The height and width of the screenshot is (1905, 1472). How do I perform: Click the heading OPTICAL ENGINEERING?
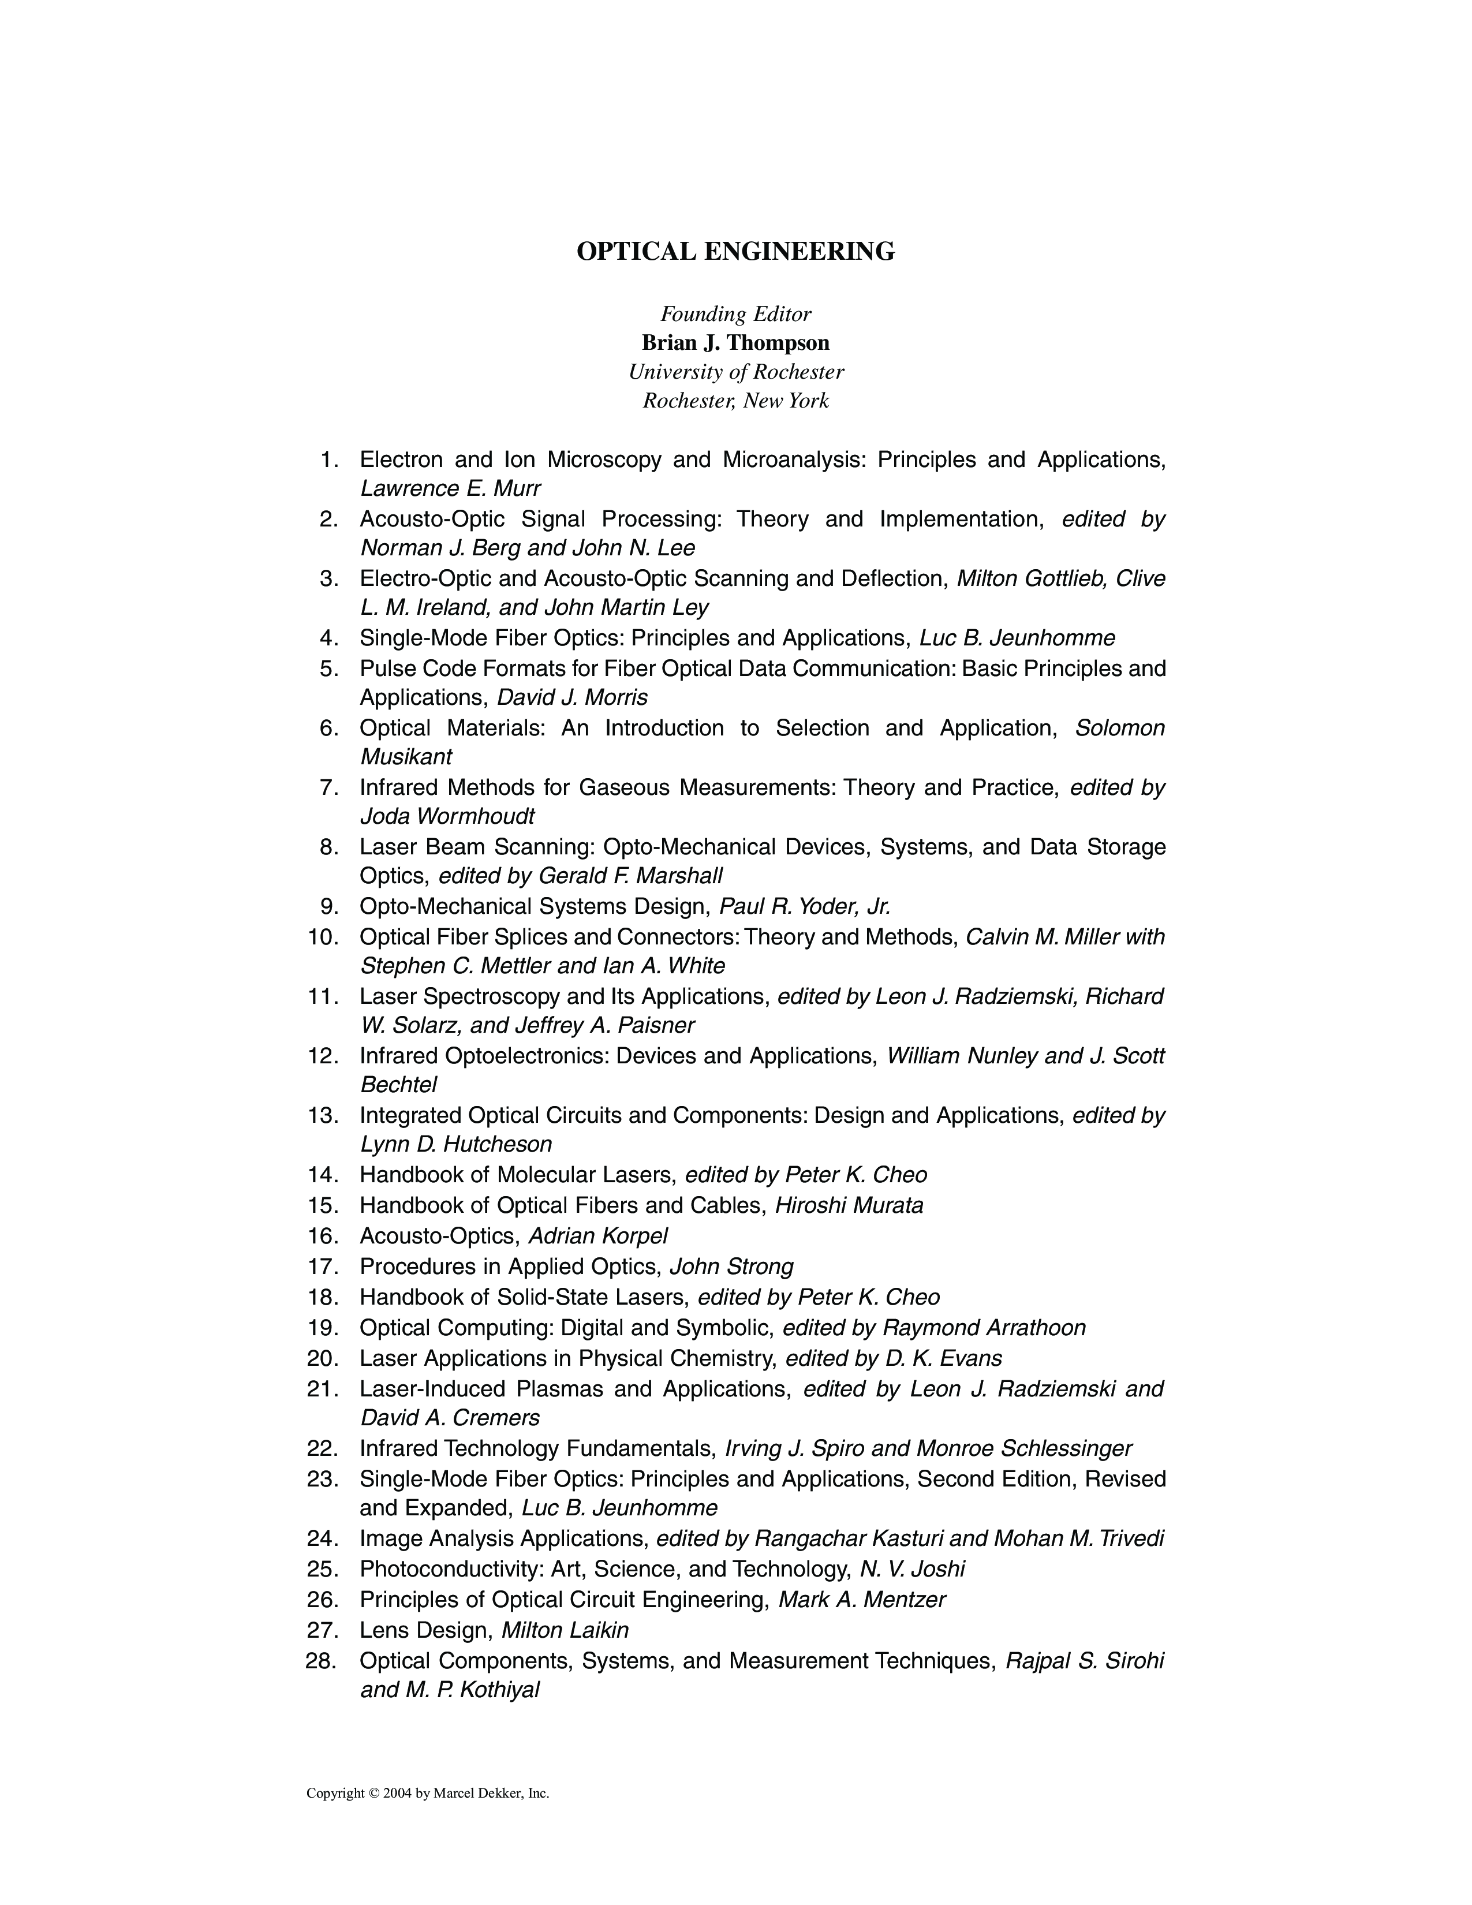coord(735,252)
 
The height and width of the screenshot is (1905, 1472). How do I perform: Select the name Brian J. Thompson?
coord(735,343)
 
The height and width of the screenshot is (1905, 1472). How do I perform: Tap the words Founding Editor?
coord(735,314)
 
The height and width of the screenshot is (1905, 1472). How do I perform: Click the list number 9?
coord(329,907)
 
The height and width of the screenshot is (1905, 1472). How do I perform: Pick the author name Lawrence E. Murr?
coord(450,488)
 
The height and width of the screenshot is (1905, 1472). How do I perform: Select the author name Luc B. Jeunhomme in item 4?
coord(1017,638)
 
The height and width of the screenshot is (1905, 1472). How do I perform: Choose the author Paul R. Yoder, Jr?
coord(804,907)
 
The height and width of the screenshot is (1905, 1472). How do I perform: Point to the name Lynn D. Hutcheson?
coord(456,1144)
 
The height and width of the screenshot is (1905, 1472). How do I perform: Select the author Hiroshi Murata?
coord(849,1205)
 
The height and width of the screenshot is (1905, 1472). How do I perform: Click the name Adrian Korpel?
coord(597,1236)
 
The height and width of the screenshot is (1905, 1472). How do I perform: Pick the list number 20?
coord(323,1358)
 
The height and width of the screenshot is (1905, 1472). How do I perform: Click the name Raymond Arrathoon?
coord(984,1328)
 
